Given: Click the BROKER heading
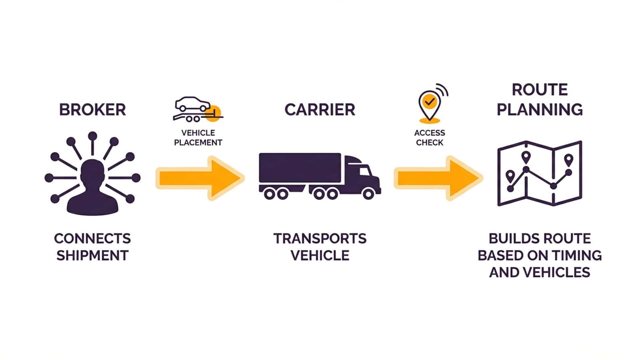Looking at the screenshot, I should pyautogui.click(x=92, y=110).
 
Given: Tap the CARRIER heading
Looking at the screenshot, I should pyautogui.click(x=320, y=110).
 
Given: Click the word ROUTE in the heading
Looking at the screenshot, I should pyautogui.click(x=539, y=90).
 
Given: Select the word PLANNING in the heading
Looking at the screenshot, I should pyautogui.click(x=539, y=110).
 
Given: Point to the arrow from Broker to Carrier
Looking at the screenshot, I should pyautogui.click(x=200, y=178).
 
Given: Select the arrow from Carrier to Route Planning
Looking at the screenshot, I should pyautogui.click(x=438, y=178).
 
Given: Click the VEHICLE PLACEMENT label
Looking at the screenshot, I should pyautogui.click(x=198, y=138).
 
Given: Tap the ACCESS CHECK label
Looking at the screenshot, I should pyautogui.click(x=429, y=138).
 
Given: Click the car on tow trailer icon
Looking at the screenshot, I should pyautogui.click(x=197, y=109).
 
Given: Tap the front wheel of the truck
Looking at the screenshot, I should pyautogui.click(x=368, y=194).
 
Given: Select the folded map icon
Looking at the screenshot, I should pyautogui.click(x=539, y=173).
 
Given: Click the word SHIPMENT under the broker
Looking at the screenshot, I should pyautogui.click(x=92, y=256).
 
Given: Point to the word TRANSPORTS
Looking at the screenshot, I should pyautogui.click(x=320, y=239).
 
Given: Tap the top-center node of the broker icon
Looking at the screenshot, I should pyautogui.click(x=92, y=136).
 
